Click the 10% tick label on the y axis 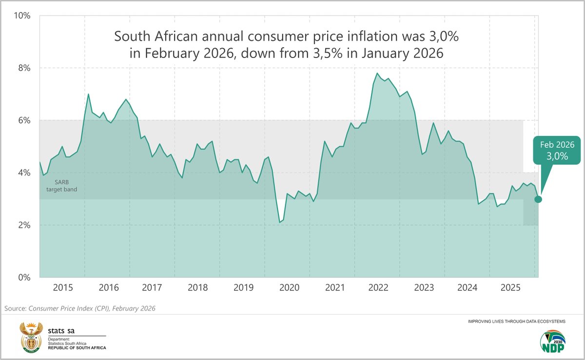click(22, 16)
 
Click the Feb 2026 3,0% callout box click(557, 150)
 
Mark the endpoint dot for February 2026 click(538, 199)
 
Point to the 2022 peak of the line click(377, 74)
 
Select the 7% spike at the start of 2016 click(88, 94)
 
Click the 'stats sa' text click(61, 331)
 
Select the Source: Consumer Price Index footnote click(80, 308)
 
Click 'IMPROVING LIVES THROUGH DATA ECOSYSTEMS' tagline click(517, 322)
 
